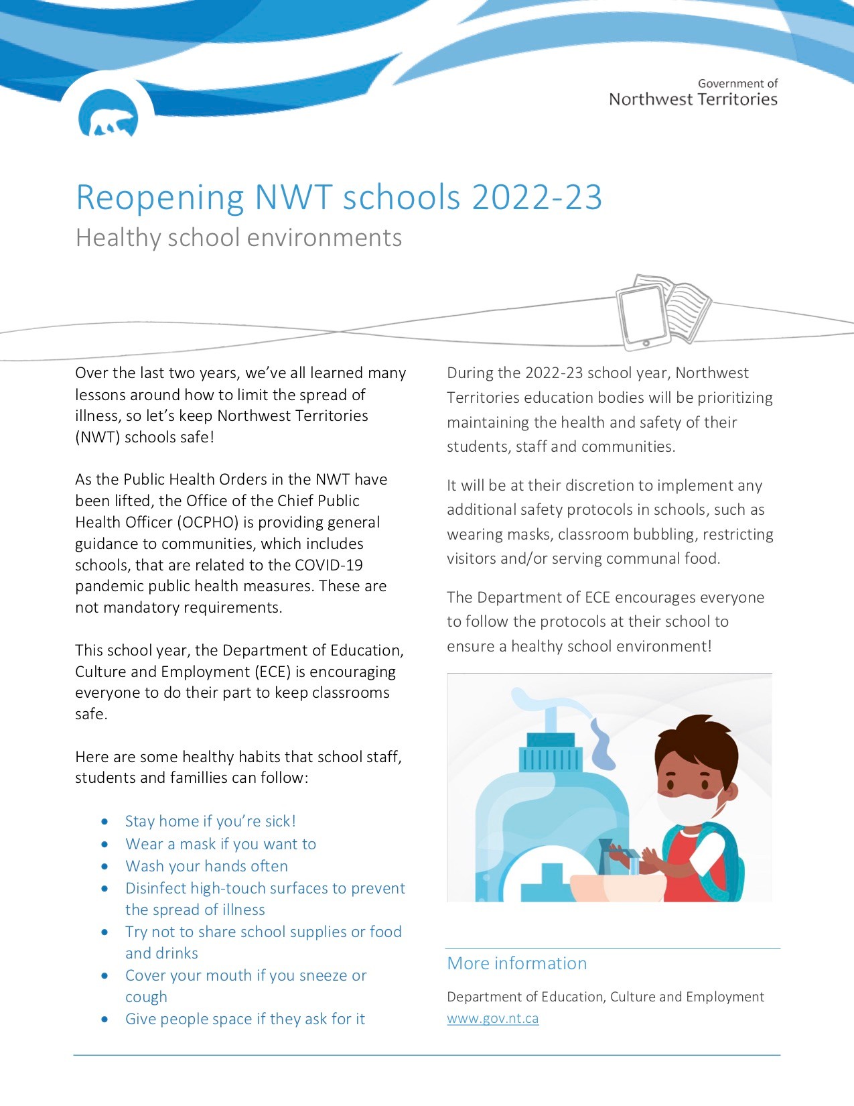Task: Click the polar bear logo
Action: click(x=108, y=119)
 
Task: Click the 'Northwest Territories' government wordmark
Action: click(x=693, y=99)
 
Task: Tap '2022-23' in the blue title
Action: click(x=537, y=197)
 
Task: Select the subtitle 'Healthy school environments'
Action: click(x=238, y=238)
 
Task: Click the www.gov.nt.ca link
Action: click(x=492, y=1018)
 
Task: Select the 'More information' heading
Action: click(x=516, y=963)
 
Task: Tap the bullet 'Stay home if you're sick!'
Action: click(x=210, y=821)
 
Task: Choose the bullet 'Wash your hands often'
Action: click(x=206, y=866)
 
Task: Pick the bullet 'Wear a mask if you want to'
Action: click(x=220, y=844)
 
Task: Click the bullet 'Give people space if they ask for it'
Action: click(x=244, y=1019)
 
